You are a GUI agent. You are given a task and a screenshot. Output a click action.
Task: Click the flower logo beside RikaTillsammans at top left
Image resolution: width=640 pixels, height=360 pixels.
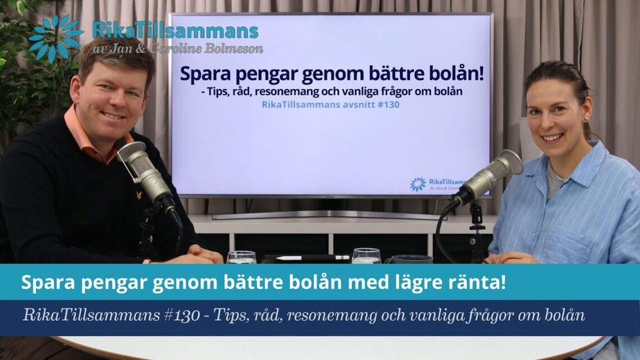[55, 38]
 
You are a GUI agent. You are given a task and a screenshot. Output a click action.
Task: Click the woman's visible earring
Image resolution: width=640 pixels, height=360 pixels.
[585, 119]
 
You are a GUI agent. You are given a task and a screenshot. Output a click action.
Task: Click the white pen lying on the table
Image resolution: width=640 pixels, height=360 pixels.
[307, 257]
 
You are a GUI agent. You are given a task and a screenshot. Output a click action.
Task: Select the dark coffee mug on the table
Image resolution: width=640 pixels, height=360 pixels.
[409, 259]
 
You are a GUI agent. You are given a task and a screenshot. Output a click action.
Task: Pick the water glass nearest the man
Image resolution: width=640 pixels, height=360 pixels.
[241, 257]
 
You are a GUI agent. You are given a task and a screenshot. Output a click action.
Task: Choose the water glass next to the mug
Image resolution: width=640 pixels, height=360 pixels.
[366, 256]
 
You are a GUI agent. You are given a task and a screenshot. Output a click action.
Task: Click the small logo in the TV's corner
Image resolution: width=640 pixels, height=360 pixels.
[418, 184]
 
